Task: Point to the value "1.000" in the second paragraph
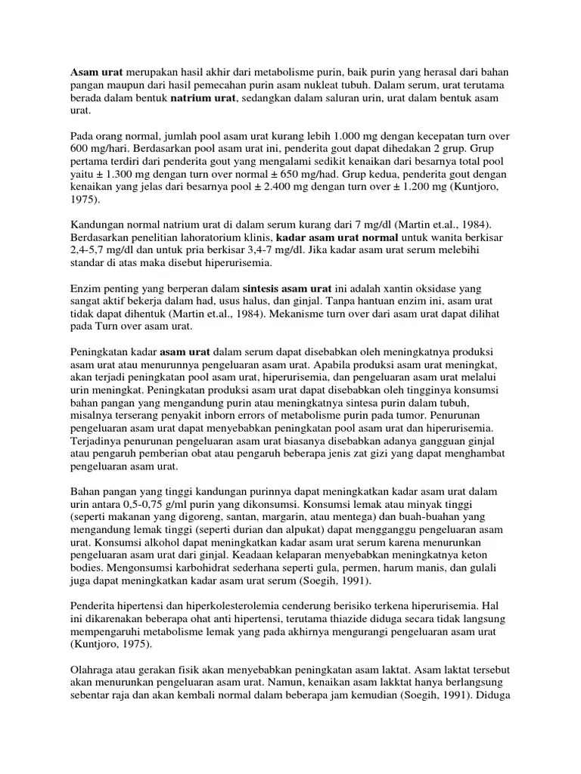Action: [x=306, y=136]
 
